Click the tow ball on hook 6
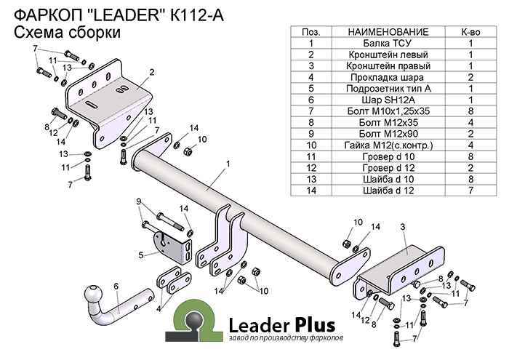(x=95, y=295)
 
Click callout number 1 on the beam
(x=228, y=164)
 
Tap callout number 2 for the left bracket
(x=152, y=71)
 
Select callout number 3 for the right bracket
(x=402, y=228)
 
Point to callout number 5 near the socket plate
(x=141, y=255)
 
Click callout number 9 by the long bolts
(x=138, y=201)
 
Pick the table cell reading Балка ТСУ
(x=388, y=43)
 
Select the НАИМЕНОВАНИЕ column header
(x=388, y=32)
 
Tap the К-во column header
(x=470, y=32)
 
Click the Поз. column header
(x=310, y=32)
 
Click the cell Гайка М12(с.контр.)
(x=388, y=145)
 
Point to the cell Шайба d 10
(x=388, y=179)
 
